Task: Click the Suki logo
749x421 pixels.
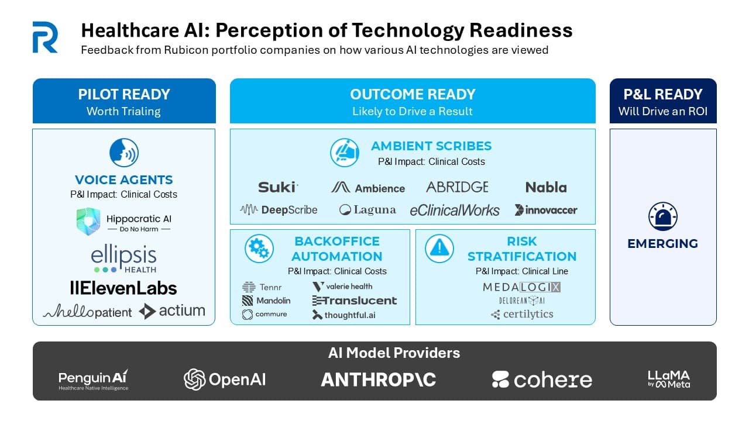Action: [278, 187]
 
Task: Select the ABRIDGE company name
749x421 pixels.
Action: [457, 187]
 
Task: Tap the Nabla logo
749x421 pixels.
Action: [546, 187]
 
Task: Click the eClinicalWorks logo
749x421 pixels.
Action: [455, 210]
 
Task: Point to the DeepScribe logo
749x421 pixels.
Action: [279, 210]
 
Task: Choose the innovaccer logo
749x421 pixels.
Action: [546, 210]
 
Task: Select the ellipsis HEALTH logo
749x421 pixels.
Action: [124, 259]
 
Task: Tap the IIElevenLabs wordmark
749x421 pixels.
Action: [123, 288]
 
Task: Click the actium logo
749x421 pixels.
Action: [172, 311]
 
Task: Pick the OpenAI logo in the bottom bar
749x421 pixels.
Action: [225, 379]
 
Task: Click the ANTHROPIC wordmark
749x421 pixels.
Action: [379, 379]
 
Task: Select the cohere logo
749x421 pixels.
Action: [542, 379]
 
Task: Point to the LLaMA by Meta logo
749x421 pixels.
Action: [669, 379]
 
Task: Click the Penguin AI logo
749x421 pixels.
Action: [94, 379]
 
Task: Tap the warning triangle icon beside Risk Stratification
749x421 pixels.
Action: [439, 249]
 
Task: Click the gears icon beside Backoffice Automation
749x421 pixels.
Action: [258, 249]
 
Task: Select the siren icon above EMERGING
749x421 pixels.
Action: [663, 216]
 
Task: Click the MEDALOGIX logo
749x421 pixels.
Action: [522, 287]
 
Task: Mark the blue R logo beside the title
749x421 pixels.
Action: [45, 37]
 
